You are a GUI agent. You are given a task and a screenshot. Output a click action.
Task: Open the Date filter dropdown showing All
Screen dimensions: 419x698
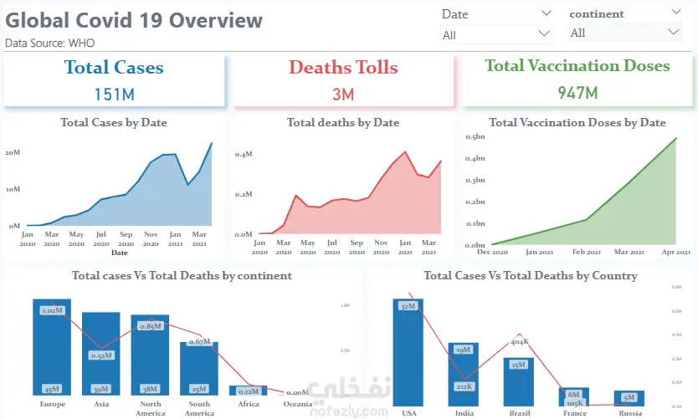(496, 34)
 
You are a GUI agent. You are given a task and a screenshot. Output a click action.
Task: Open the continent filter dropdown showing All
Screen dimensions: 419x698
(625, 33)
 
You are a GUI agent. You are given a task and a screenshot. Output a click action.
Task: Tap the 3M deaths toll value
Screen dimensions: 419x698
(343, 94)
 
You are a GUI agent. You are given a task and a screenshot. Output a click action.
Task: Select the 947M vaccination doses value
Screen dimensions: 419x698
(577, 92)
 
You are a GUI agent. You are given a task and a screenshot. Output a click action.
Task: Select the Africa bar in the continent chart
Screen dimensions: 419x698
(249, 390)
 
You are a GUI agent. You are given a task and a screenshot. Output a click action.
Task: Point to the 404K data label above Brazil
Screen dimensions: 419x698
(519, 341)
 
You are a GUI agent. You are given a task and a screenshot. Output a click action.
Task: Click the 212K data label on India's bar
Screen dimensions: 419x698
(464, 386)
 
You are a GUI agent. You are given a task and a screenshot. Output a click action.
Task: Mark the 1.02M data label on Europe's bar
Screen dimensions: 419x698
(52, 310)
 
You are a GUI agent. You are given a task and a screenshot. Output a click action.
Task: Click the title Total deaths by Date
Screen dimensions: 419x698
(343, 123)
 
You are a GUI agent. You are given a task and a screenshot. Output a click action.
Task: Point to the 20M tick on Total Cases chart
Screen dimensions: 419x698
(13, 152)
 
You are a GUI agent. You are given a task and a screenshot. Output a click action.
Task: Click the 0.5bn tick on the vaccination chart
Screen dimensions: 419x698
(476, 135)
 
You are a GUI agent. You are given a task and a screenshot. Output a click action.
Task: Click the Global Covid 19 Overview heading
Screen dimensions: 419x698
(134, 20)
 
